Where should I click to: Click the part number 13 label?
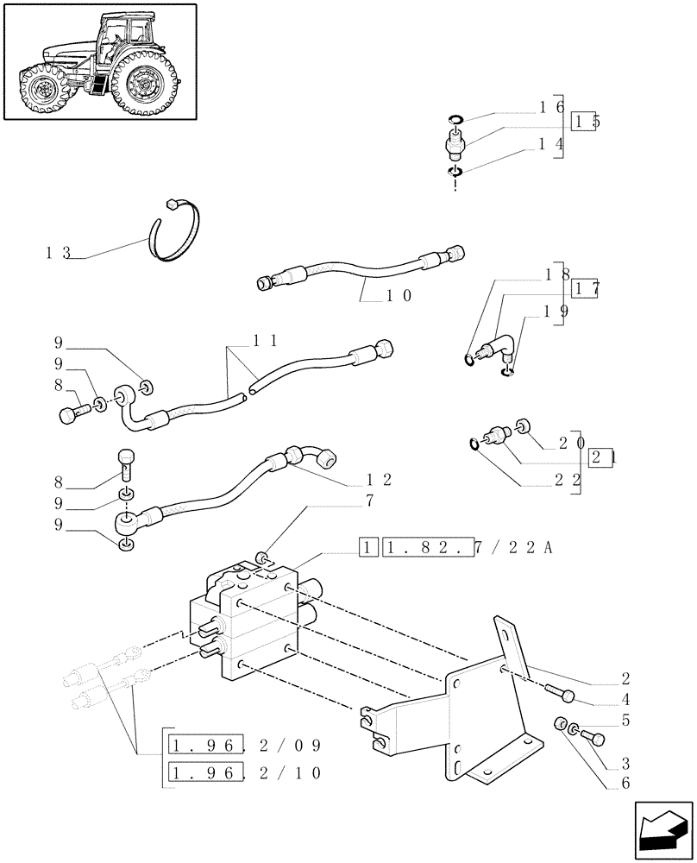click(x=59, y=253)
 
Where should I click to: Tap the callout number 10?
click(x=399, y=295)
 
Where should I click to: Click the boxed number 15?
click(x=586, y=122)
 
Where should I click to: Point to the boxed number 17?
click(x=586, y=290)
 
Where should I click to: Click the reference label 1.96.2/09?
click(x=246, y=744)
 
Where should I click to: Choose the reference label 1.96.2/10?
click(x=246, y=772)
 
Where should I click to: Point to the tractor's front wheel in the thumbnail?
click(x=41, y=90)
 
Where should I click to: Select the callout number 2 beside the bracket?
click(x=649, y=678)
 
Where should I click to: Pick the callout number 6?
click(x=649, y=784)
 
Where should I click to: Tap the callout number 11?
click(x=264, y=340)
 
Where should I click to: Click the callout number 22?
click(x=570, y=479)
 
